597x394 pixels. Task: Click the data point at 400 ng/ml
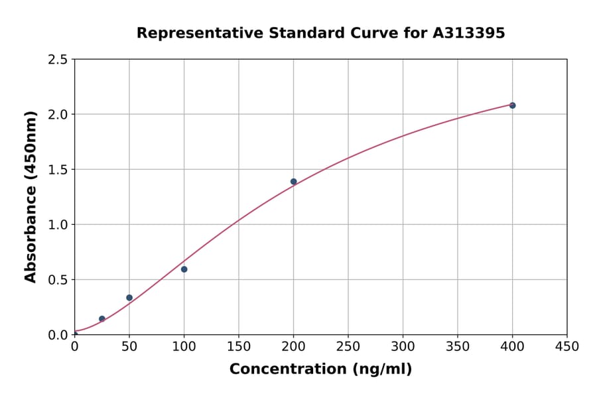tap(512, 105)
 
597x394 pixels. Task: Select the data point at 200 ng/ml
tap(293, 182)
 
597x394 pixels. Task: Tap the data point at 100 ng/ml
tap(184, 269)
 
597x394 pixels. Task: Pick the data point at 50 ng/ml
tap(129, 298)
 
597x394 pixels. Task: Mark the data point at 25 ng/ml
tap(102, 319)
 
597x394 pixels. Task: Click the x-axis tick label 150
tap(239, 346)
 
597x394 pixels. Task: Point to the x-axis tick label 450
tap(567, 346)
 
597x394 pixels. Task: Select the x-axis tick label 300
tap(403, 346)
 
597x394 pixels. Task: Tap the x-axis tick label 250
tap(348, 346)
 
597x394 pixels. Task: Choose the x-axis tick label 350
tap(458, 346)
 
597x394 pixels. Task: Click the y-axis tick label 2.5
tap(58, 60)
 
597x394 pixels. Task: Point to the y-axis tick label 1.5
tap(58, 170)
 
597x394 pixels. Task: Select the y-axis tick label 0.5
tap(58, 280)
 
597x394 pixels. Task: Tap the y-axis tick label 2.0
tap(58, 115)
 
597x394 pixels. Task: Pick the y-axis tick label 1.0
tap(58, 225)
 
